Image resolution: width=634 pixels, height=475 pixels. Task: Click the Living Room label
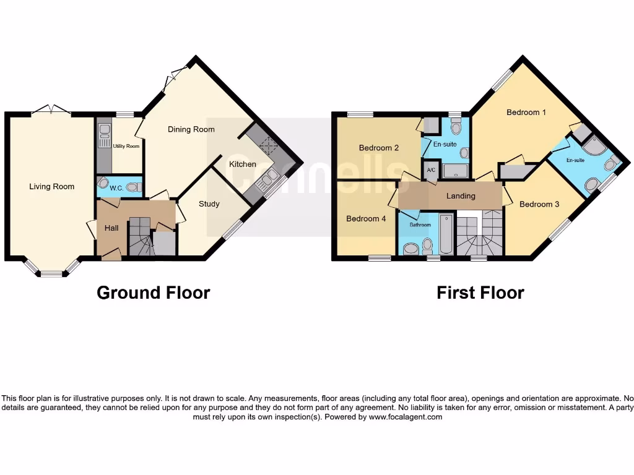click(x=52, y=186)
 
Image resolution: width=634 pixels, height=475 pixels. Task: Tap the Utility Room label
click(x=126, y=146)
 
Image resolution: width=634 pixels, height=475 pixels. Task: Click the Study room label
click(x=209, y=203)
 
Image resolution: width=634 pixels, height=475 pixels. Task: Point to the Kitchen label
click(x=243, y=164)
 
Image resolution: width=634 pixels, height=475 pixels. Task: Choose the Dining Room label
click(x=191, y=129)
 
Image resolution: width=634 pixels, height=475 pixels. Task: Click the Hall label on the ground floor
click(x=111, y=228)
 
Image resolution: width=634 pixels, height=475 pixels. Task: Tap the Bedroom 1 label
click(x=526, y=112)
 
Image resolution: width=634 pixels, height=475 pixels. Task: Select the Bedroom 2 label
click(x=379, y=148)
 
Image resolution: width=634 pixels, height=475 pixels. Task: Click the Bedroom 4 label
click(x=365, y=218)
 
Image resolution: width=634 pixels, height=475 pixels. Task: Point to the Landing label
click(x=461, y=196)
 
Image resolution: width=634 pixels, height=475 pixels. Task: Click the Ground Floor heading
click(x=154, y=293)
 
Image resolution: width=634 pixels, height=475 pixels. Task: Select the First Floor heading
click(x=480, y=293)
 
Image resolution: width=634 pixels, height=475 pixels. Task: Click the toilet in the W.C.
click(x=131, y=187)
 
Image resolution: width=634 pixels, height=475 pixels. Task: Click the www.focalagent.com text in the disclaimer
click(x=406, y=417)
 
